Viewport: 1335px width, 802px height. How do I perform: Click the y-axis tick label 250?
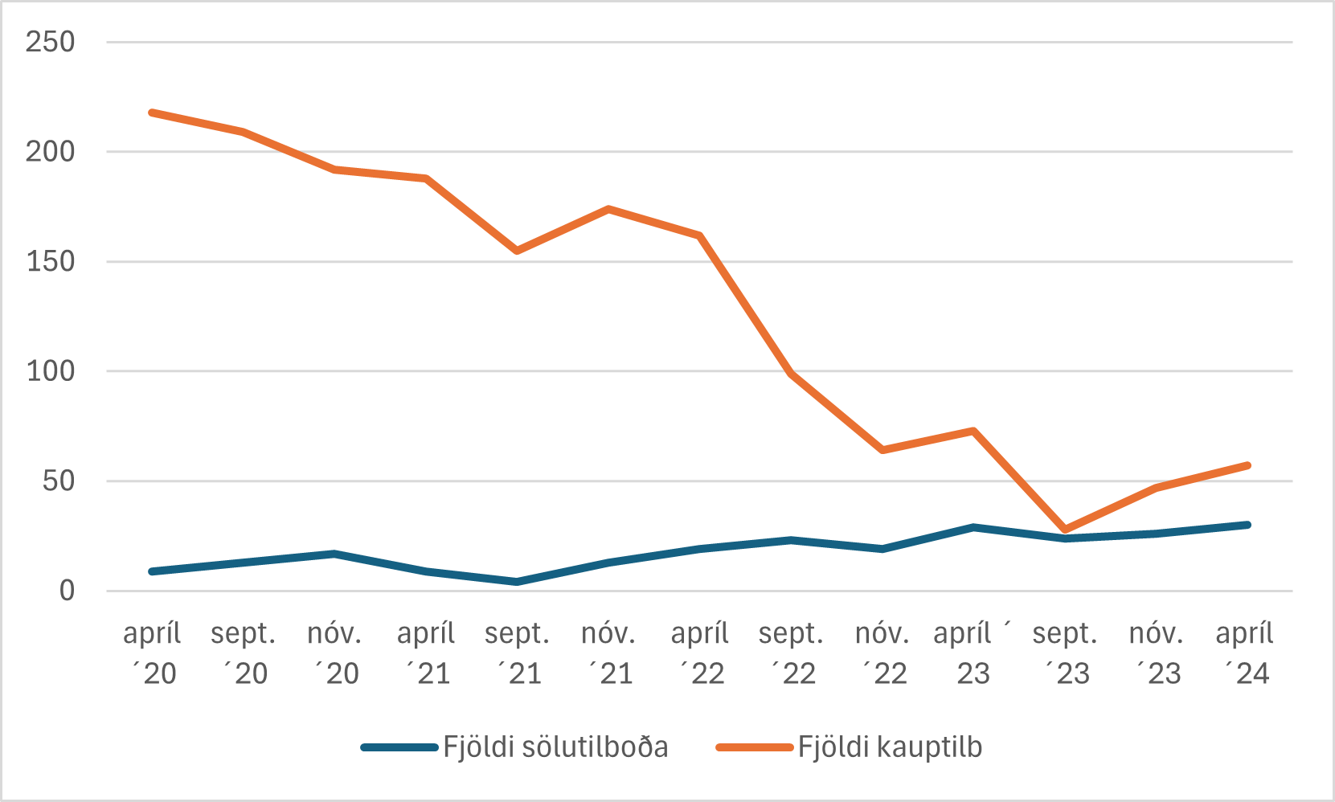coord(50,42)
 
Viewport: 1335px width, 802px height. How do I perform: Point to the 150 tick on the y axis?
coord(50,261)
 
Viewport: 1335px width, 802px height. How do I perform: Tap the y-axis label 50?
coord(59,481)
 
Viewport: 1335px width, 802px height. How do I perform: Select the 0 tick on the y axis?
coord(67,591)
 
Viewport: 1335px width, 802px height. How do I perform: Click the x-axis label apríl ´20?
coord(152,653)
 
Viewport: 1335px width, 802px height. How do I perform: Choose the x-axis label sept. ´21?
coord(517,653)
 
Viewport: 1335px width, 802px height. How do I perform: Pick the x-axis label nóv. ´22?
coord(882,653)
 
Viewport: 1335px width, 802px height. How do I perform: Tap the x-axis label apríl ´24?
coord(1244,653)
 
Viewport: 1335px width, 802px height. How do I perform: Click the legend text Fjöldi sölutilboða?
coord(555,747)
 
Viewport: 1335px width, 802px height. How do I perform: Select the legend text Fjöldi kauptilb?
coord(890,747)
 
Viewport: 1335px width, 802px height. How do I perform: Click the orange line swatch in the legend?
coord(754,747)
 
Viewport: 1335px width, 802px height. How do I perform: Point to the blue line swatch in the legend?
coord(399,747)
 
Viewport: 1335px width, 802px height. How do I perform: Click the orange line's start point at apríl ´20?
coord(152,113)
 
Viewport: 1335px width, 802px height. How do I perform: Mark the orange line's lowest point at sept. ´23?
coord(1065,530)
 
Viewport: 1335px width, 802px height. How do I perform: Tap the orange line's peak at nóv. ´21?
coord(608,209)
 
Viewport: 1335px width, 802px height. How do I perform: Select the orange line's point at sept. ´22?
coord(791,374)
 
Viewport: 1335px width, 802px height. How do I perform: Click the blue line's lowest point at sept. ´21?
coord(517,581)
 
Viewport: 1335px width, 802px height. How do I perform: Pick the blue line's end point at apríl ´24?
coord(1247,525)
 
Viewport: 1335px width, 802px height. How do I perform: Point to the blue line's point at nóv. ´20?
coord(334,554)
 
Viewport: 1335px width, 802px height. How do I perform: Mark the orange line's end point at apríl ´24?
coord(1247,465)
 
